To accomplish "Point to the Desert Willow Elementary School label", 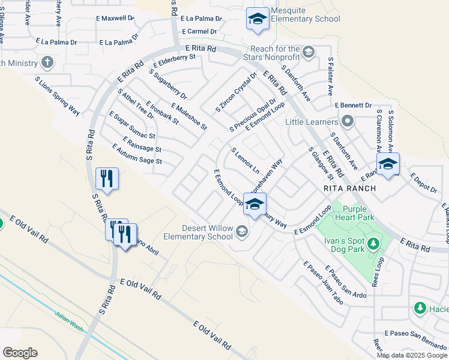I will coord(208,232).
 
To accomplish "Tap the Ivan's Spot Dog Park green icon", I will coord(373,244).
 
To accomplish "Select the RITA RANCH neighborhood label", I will coord(349,188).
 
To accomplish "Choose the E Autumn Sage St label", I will coord(137,154).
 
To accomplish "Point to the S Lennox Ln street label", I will coord(245,160).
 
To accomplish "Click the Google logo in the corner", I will coord(20,353).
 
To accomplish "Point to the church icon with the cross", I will coord(47,62).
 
